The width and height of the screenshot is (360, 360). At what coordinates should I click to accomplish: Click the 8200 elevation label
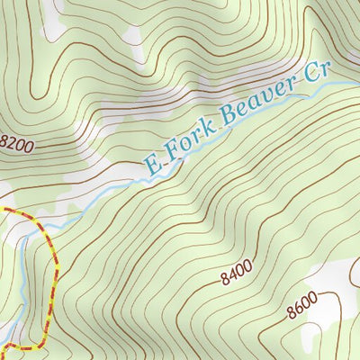18,142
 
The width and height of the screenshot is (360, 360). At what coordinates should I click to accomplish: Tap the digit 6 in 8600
300,312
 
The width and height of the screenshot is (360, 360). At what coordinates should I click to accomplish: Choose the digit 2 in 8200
13,143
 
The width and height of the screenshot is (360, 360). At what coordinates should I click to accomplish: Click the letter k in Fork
209,133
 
